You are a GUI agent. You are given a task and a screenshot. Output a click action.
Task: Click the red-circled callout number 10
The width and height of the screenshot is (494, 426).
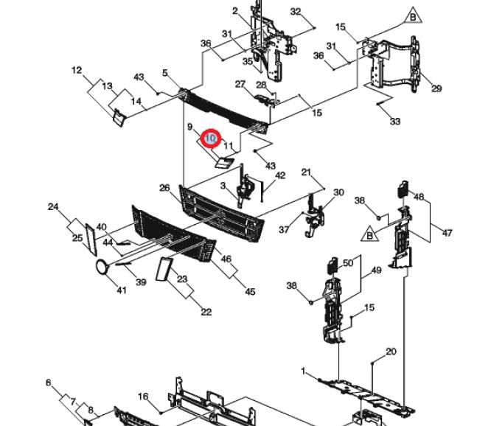coord(211,138)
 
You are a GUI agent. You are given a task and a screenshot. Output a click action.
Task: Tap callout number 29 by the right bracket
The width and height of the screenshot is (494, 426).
coord(436,88)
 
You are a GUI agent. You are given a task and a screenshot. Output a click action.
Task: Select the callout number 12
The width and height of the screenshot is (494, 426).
coord(77,71)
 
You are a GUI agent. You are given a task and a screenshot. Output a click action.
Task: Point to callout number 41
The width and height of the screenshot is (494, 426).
coord(122,290)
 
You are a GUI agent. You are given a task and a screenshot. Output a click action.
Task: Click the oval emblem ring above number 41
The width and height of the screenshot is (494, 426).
coord(101,267)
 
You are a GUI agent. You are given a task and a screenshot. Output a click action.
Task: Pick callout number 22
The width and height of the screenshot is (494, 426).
coord(206,312)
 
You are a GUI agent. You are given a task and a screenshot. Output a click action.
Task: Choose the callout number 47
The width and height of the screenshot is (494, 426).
coord(447,233)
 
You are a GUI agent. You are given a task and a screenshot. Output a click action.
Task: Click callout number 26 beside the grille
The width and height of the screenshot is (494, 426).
coord(165,189)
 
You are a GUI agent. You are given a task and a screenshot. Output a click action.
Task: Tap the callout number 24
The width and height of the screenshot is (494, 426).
coord(53,207)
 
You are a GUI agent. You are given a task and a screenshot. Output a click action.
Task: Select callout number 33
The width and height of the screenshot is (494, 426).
coord(395,121)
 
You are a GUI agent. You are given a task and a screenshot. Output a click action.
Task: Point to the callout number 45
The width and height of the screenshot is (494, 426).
coord(250,292)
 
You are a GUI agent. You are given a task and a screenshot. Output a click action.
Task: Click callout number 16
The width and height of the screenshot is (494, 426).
coord(143,397)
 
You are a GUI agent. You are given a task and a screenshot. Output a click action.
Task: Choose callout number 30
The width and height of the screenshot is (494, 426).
coord(338,193)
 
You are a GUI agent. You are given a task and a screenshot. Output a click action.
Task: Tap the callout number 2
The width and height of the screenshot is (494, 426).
coord(235,11)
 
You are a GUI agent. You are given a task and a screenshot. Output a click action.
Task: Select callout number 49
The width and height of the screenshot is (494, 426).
coord(376,270)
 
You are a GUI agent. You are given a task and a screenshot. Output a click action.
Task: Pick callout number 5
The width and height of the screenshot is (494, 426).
coord(166,74)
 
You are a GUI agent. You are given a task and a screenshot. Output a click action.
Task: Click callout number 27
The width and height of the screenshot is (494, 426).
coord(240,84)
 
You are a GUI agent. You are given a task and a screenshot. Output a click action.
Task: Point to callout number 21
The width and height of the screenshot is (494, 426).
coord(306,172)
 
